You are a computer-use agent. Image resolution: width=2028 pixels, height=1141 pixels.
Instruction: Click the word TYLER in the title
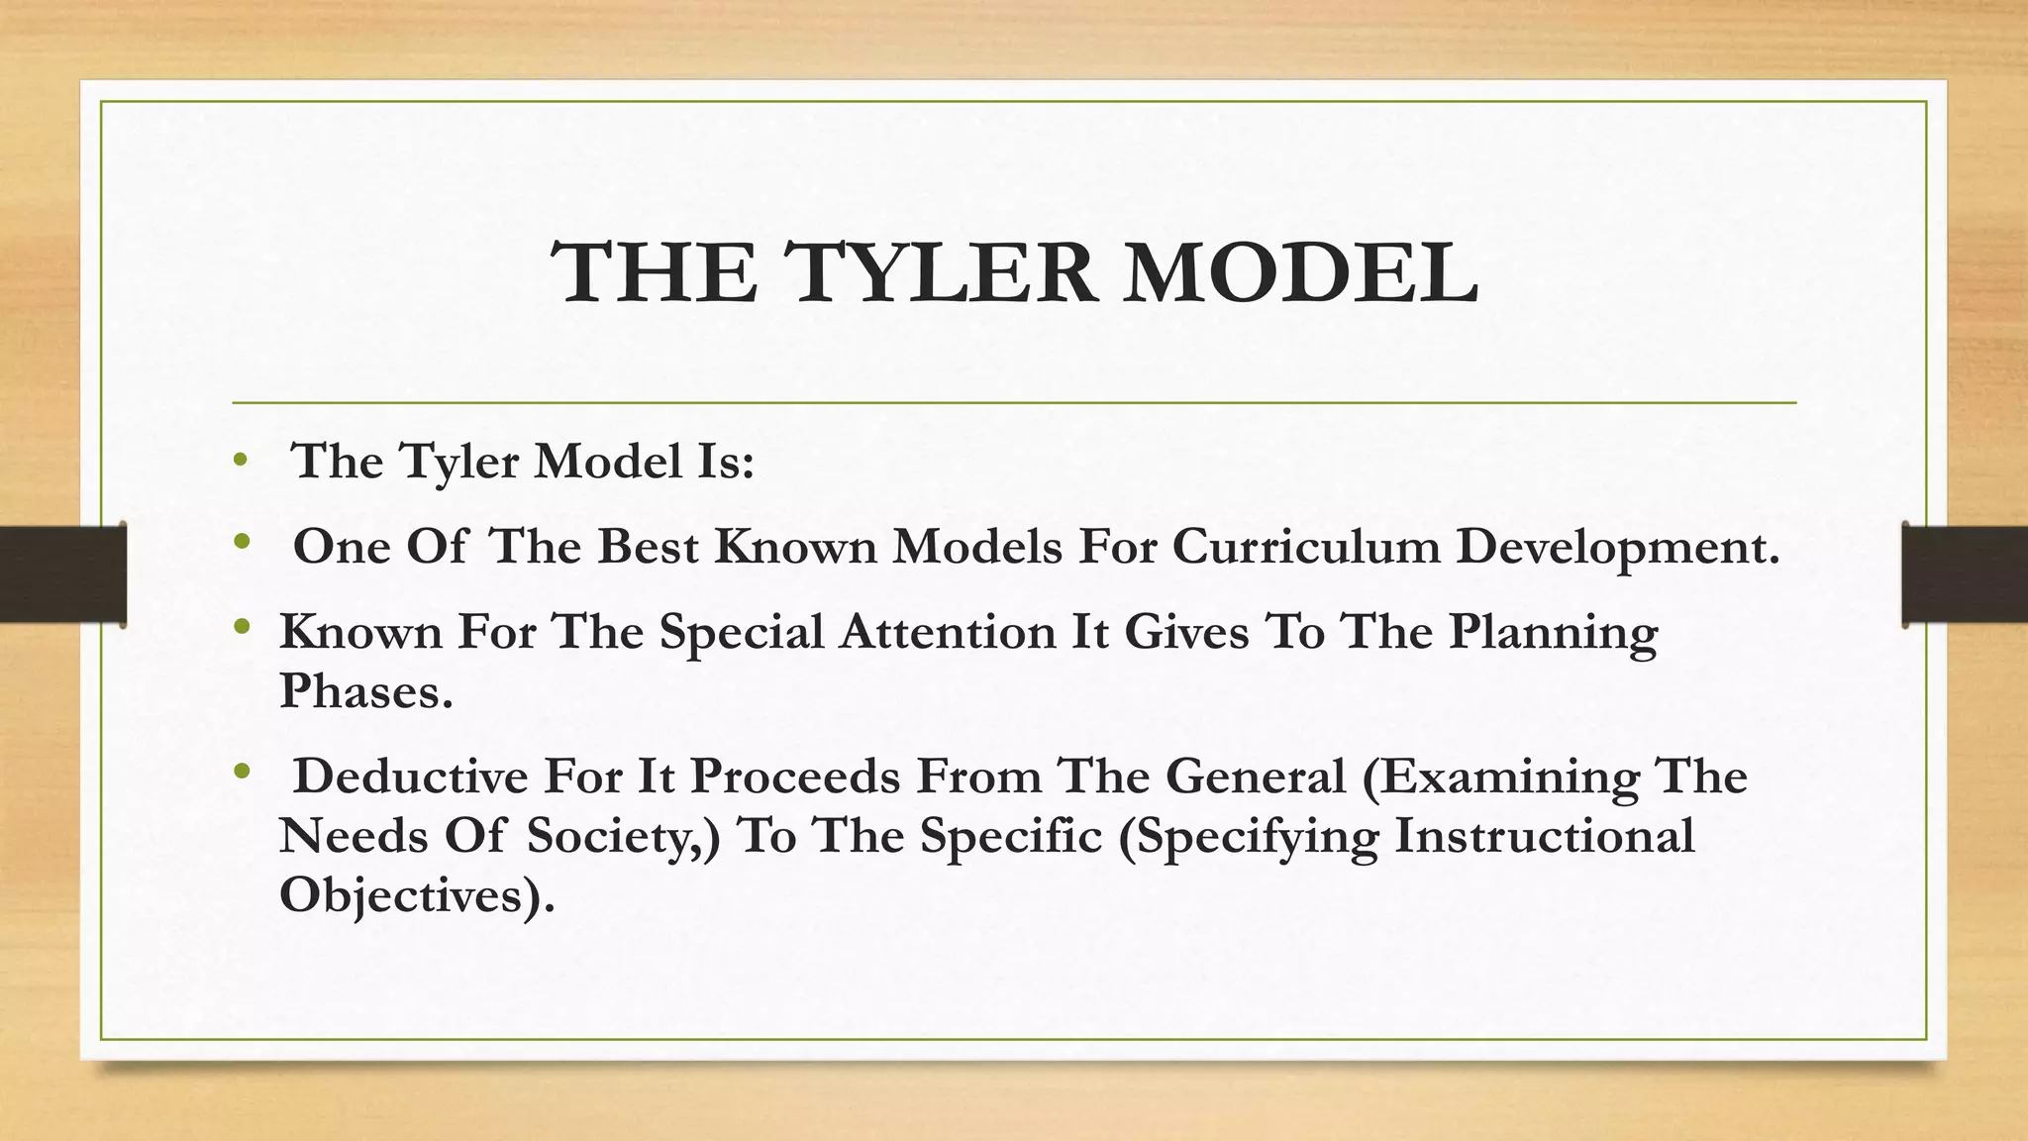(x=941, y=273)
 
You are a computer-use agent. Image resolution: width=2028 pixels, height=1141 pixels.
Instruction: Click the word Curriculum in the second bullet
(x=1306, y=547)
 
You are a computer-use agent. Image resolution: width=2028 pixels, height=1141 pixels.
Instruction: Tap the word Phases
(x=364, y=690)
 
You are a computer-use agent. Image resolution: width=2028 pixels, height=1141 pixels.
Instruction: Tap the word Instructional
(x=1544, y=835)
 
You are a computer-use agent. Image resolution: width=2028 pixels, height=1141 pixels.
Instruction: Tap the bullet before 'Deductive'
(x=240, y=772)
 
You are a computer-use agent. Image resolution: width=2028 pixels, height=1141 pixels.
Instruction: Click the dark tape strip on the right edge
(x=1965, y=574)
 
